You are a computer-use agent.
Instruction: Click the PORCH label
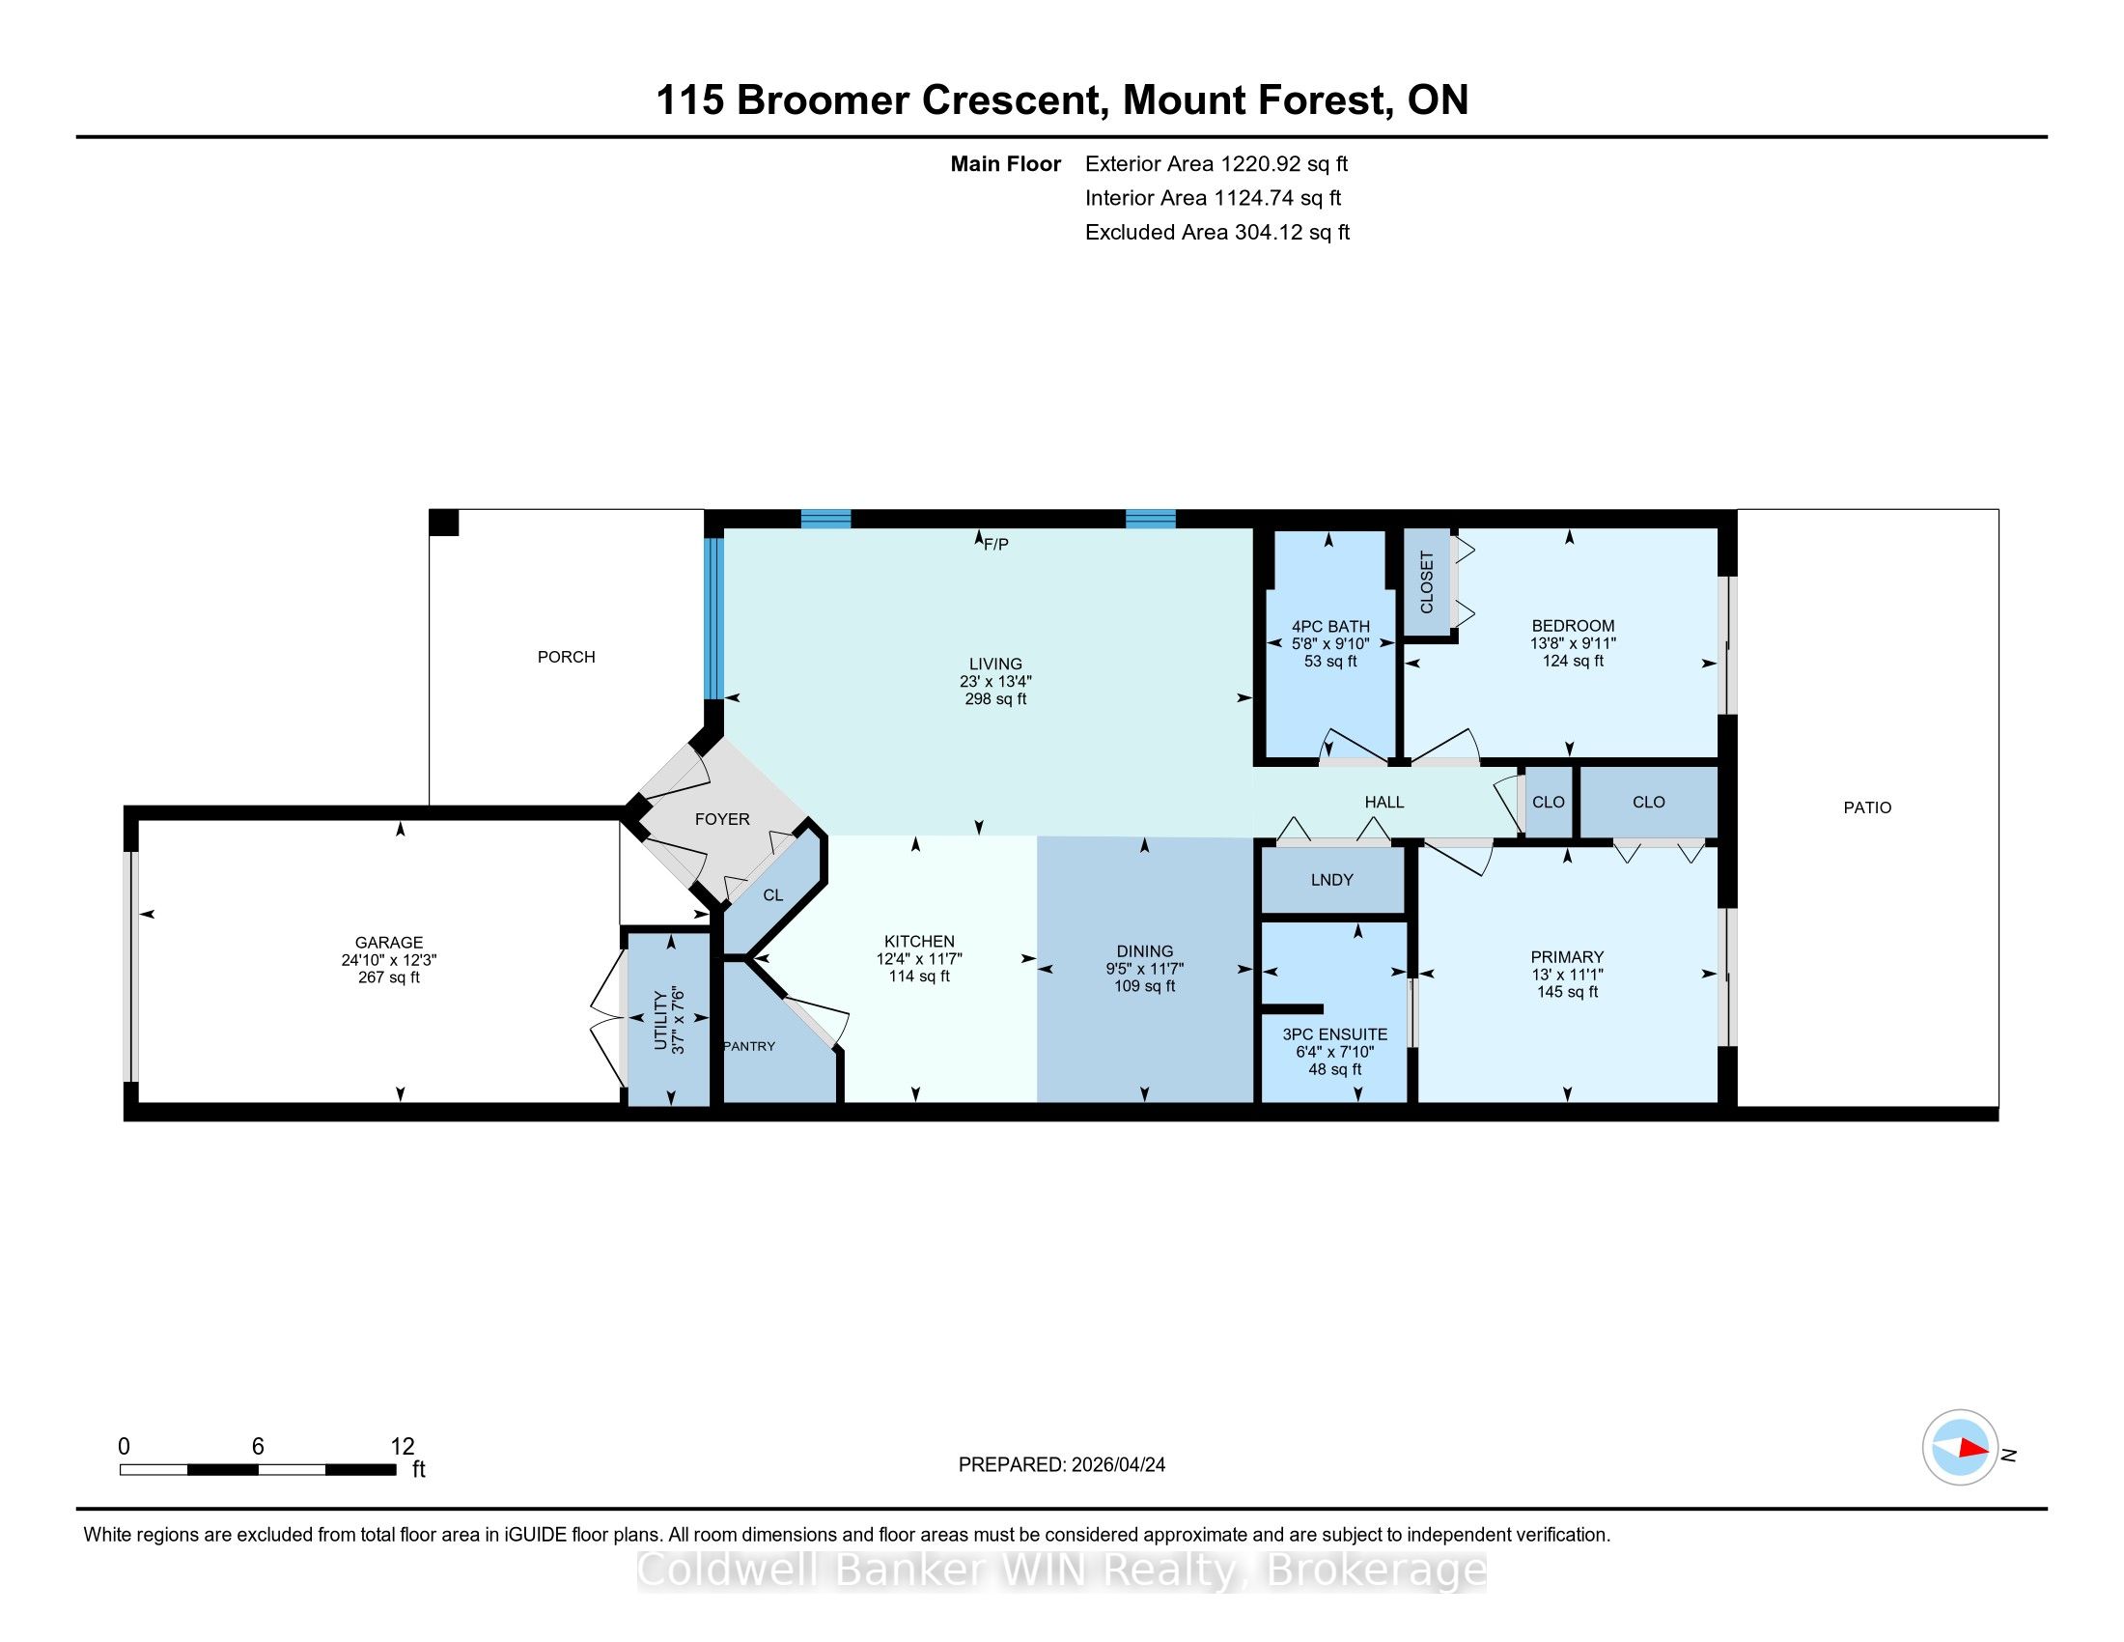pyautogui.click(x=566, y=657)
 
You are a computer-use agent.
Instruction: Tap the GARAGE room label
pyautogui.click(x=389, y=942)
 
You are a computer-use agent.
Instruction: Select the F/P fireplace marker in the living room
pyautogui.click(x=996, y=545)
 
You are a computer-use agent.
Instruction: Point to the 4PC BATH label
pyautogui.click(x=1330, y=627)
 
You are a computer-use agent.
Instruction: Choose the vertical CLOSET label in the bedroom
pyautogui.click(x=1427, y=582)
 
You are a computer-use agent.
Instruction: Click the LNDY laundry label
pyautogui.click(x=1331, y=879)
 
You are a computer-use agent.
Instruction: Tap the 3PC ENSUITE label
pyautogui.click(x=1334, y=1034)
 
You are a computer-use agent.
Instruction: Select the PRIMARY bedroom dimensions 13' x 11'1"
pyautogui.click(x=1567, y=974)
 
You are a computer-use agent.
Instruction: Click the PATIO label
pyautogui.click(x=1867, y=807)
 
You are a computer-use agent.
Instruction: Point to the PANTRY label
pyautogui.click(x=749, y=1046)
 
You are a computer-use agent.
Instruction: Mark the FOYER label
pyautogui.click(x=721, y=819)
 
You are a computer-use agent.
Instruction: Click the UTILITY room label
pyautogui.click(x=660, y=1020)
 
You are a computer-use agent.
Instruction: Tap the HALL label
pyautogui.click(x=1383, y=802)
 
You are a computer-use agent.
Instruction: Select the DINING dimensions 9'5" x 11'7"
pyautogui.click(x=1145, y=968)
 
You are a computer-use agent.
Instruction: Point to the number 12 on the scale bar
pyautogui.click(x=402, y=1447)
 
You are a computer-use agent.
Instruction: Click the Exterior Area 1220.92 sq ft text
pyautogui.click(x=1216, y=163)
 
